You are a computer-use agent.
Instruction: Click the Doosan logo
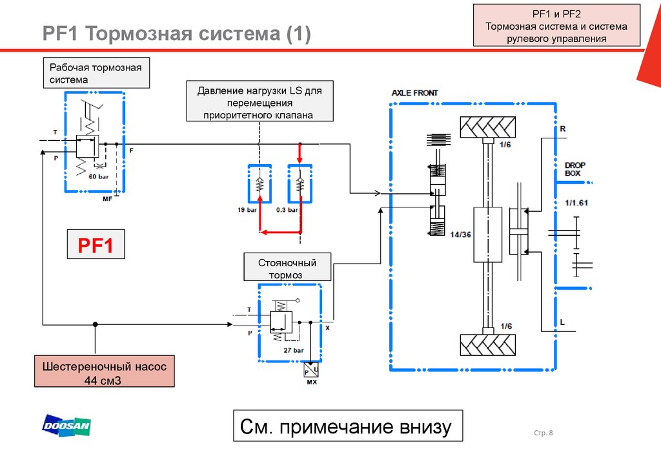pyautogui.click(x=66, y=426)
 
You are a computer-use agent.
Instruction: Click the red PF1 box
pyautogui.click(x=96, y=246)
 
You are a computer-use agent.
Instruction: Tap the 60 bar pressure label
pyautogui.click(x=98, y=176)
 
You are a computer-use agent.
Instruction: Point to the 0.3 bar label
pyautogui.click(x=287, y=210)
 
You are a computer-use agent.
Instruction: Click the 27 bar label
pyautogui.click(x=293, y=350)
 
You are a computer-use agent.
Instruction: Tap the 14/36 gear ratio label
pyautogui.click(x=462, y=234)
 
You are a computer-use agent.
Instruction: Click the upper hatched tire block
pyautogui.click(x=487, y=127)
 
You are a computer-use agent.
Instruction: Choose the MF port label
pyautogui.click(x=107, y=200)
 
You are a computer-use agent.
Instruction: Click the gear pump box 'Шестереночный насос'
pyautogui.click(x=104, y=371)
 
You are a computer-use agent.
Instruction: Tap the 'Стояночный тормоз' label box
pyautogui.click(x=287, y=268)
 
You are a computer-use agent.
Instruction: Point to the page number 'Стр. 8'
pyautogui.click(x=544, y=433)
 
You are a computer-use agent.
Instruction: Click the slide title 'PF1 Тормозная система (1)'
pyautogui.click(x=176, y=34)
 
